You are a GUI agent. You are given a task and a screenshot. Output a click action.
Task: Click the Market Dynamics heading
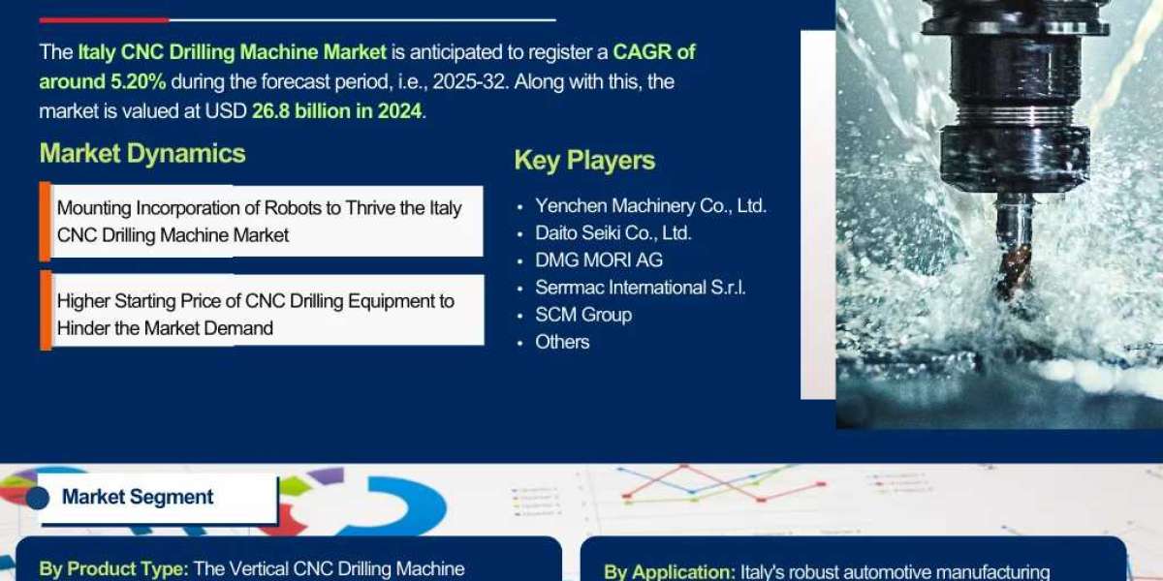coord(142,154)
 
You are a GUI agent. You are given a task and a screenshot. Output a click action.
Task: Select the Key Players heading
coord(584,161)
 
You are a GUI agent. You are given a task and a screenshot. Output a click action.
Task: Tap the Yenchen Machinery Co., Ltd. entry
coord(650,206)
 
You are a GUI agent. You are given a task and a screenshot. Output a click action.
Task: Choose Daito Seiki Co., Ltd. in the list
coord(613,233)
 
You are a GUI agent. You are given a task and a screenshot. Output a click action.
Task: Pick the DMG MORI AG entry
coord(599,260)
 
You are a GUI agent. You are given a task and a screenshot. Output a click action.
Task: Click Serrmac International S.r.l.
coord(640,288)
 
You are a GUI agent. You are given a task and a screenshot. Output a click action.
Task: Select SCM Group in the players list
coord(583,315)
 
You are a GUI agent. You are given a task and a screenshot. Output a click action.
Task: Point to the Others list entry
coord(562,342)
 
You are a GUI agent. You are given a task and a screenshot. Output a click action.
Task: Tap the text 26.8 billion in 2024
coord(337,111)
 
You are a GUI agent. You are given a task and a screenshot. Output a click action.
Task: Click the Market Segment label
coord(138,498)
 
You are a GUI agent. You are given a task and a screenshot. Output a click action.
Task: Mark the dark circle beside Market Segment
coord(38,498)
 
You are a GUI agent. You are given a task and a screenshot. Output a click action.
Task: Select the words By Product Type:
coord(114,569)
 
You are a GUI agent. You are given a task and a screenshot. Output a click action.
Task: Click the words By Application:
coord(670,572)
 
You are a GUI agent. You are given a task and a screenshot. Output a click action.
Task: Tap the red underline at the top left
coord(103,19)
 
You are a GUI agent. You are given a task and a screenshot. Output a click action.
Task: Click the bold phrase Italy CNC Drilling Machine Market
coord(233,52)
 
